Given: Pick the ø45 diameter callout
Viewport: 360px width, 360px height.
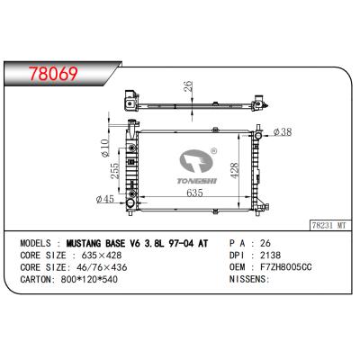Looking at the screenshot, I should tap(105, 198).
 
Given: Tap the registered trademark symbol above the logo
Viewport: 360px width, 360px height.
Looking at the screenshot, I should tap(212, 151).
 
